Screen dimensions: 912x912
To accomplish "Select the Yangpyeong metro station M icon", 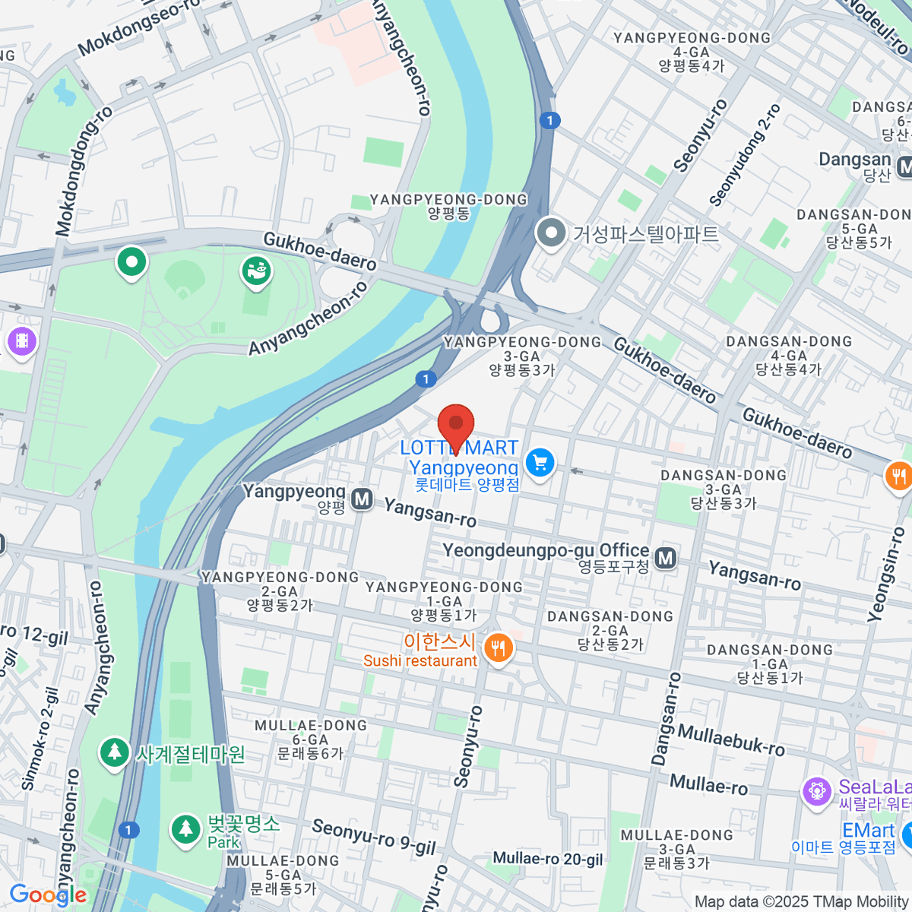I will pos(362,499).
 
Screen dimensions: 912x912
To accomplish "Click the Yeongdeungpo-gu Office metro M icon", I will pos(666,559).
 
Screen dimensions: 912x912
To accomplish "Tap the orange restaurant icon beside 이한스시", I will pos(499,648).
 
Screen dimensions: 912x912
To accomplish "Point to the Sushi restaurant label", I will pos(420,661).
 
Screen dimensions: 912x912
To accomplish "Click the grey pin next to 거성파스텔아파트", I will pos(550,233).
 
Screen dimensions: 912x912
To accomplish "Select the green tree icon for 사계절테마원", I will pos(114,753).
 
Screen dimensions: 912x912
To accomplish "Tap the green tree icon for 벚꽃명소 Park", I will pos(185,829).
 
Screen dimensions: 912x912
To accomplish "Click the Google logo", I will pos(48,895).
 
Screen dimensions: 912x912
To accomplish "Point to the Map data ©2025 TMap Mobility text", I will pos(802,901).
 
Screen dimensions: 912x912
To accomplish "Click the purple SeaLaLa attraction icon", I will pos(817,791).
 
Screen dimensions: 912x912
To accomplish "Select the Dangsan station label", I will pos(854,160).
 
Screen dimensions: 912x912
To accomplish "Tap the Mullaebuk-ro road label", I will pos(730,739).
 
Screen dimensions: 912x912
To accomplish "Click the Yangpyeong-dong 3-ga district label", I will pos(522,356).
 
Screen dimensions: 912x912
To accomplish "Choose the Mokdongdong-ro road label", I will pos(84,171).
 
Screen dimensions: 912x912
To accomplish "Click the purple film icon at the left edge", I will pos(21,340).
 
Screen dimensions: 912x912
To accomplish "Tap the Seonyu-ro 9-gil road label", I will pos(373,837).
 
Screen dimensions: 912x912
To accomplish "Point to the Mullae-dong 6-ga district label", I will pos(311,739).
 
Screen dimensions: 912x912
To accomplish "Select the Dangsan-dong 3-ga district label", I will pos(724,489).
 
